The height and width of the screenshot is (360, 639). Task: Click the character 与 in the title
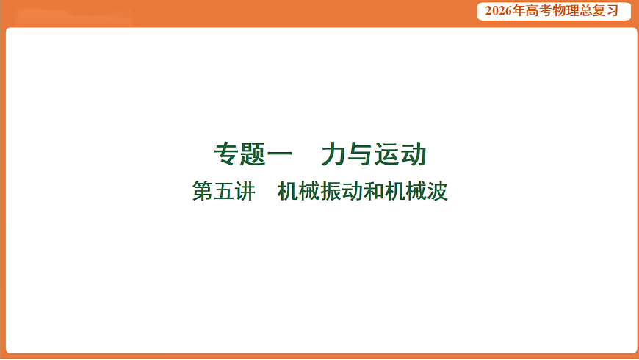pos(361,155)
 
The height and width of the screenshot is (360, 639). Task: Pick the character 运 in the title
pos(387,155)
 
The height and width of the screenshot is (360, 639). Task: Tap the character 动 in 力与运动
pos(414,155)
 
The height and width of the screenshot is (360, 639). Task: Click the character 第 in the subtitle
pos(203,192)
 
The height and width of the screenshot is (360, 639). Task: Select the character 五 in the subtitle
pos(224,192)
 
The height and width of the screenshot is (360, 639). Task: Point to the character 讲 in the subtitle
pos(245,192)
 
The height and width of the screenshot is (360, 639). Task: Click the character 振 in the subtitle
pos(331,192)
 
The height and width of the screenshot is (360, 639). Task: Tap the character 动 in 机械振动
pos(352,192)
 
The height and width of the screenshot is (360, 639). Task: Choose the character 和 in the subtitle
pos(373,192)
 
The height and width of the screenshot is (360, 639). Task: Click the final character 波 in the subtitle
pos(437,192)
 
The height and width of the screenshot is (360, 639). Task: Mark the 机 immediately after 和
pos(394,192)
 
